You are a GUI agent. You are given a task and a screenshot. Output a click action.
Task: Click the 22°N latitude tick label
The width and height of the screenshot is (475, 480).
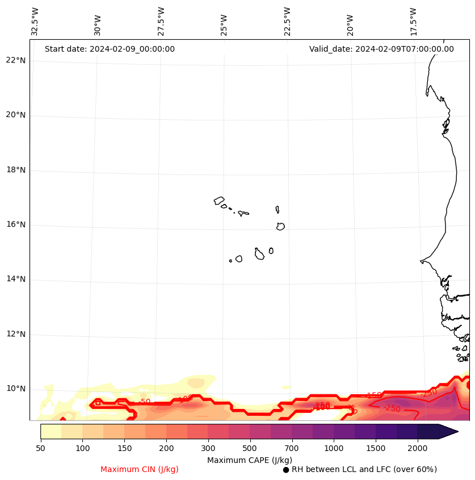coord(15,61)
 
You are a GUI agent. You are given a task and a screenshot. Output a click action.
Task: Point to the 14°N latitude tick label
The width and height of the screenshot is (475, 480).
coord(15,279)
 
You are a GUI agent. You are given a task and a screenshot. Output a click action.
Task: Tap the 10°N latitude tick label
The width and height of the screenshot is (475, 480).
coord(15,389)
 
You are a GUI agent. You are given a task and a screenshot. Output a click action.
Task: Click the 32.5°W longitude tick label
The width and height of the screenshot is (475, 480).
coord(35,22)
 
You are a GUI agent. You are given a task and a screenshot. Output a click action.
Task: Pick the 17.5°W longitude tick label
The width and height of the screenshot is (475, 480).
coord(413,22)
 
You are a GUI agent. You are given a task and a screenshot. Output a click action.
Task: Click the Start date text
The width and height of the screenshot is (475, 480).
coord(110,49)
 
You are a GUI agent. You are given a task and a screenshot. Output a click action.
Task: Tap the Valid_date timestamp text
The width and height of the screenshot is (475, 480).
coord(381,49)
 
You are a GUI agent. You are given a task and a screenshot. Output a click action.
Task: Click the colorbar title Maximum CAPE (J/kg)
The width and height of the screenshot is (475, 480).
coord(250,460)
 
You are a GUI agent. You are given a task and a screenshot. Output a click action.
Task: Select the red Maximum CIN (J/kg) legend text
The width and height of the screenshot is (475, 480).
coord(140,470)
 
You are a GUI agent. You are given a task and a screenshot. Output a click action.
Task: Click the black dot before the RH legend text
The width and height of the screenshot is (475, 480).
coord(286,470)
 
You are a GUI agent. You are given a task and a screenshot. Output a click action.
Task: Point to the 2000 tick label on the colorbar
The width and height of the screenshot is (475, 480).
coord(417,449)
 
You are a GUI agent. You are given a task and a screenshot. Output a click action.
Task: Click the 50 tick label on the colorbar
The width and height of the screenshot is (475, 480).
coord(40,449)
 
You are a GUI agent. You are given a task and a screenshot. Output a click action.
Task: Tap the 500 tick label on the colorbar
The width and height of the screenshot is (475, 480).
coord(250,449)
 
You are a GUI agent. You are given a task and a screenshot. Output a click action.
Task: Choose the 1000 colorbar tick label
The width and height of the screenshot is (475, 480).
coord(334,449)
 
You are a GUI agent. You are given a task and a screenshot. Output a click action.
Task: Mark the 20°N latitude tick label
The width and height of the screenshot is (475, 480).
coord(15,115)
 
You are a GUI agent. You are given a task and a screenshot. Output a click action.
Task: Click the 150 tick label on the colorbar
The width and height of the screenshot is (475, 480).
coord(124,449)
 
